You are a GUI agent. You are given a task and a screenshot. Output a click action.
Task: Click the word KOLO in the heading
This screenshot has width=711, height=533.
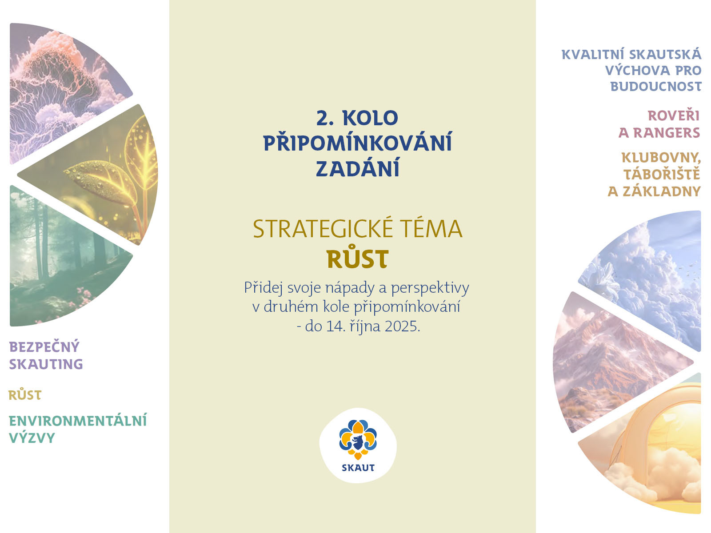point(370,119)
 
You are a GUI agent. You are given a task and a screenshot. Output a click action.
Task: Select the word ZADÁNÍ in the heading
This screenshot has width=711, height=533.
point(358,168)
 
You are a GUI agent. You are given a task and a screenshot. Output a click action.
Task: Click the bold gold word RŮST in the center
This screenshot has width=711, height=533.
point(358,259)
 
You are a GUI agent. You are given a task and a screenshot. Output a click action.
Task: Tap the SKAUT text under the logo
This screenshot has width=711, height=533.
point(358,468)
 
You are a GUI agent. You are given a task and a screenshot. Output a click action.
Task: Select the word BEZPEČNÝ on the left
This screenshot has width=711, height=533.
point(44,346)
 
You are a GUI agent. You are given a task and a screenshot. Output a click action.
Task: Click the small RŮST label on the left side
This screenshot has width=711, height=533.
point(25,395)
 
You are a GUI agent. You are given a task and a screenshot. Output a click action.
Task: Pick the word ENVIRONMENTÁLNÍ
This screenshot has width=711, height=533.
point(78,421)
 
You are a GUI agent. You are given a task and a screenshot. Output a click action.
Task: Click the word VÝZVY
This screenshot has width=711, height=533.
point(32,438)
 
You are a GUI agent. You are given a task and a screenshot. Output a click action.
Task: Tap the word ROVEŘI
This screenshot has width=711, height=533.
point(673,116)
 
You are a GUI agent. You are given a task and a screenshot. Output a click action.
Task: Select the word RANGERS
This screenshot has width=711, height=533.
point(667,133)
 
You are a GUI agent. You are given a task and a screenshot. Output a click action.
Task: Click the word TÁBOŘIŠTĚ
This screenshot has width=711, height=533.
point(662,174)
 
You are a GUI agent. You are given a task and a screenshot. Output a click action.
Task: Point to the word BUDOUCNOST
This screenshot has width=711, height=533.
point(656,87)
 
